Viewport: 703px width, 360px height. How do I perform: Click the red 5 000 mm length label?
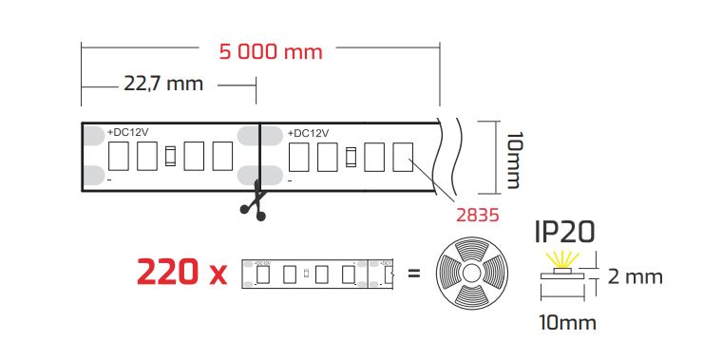tap(271, 52)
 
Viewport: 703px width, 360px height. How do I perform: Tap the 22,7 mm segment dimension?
tap(163, 84)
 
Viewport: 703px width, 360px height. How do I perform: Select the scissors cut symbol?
tap(255, 200)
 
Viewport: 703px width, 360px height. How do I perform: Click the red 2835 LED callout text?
tap(478, 215)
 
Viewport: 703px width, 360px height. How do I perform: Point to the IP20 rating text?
tap(565, 232)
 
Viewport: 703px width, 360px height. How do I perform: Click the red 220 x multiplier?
tap(181, 272)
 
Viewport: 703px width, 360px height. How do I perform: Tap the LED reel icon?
tap(471, 273)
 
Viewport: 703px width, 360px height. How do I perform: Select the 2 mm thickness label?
tap(635, 276)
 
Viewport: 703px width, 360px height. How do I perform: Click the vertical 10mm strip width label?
tap(515, 160)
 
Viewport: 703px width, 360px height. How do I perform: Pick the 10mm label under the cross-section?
tap(567, 323)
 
